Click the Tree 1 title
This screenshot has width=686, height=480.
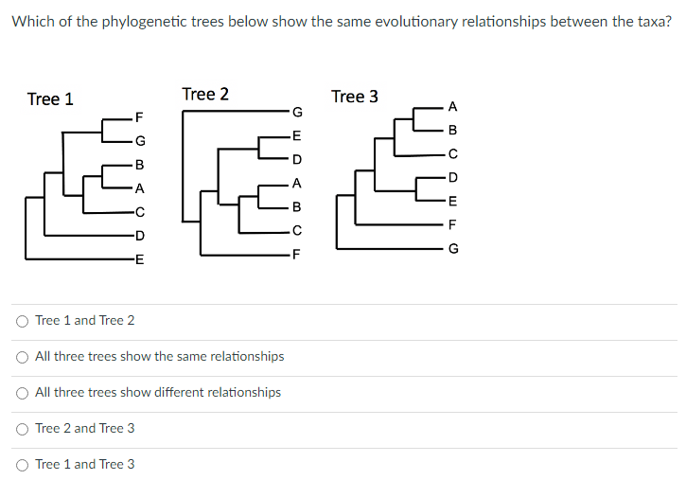point(50,99)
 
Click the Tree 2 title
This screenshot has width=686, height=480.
point(204,94)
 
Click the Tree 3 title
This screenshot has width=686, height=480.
point(355,97)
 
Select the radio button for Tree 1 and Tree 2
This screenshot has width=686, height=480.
point(22,321)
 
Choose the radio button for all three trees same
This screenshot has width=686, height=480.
point(22,357)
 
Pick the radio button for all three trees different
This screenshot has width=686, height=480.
point(22,393)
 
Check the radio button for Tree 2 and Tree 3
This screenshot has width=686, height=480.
point(22,429)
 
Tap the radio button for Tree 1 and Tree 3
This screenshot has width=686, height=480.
point(22,465)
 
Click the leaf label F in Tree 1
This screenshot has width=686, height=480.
point(140,117)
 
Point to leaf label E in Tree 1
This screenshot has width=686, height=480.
point(140,258)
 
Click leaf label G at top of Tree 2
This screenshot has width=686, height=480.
point(297,113)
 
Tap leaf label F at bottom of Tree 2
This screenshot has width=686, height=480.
point(297,254)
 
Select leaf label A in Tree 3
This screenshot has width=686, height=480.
point(452,106)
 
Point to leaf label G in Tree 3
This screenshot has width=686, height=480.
point(452,249)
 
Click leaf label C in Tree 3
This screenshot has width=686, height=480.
point(452,153)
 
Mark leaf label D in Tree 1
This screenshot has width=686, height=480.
point(140,235)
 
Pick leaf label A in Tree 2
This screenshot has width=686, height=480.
point(297,184)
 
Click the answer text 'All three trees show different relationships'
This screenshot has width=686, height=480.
point(158,393)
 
